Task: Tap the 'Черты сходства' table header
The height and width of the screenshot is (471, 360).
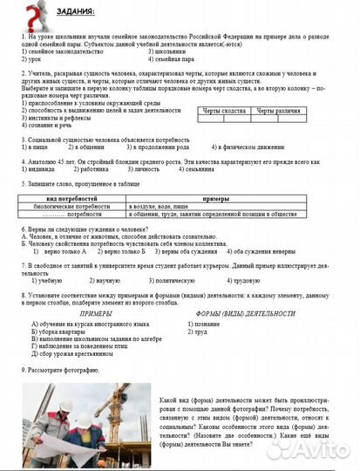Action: point(224,112)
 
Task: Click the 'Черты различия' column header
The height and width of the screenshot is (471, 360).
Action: point(280,112)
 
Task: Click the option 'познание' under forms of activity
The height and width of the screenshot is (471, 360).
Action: point(206,324)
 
